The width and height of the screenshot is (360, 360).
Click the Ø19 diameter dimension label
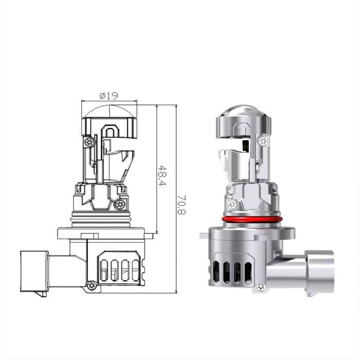pos(109,96)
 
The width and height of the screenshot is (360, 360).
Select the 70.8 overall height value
pos(182,205)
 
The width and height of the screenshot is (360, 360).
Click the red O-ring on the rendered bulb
pos(252,219)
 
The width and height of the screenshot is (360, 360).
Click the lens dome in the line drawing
pos(110,112)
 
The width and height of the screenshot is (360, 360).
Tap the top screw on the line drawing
pos(89,142)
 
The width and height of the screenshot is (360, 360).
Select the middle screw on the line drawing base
pos(120,204)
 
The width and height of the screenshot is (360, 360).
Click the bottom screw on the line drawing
pos(92,285)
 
